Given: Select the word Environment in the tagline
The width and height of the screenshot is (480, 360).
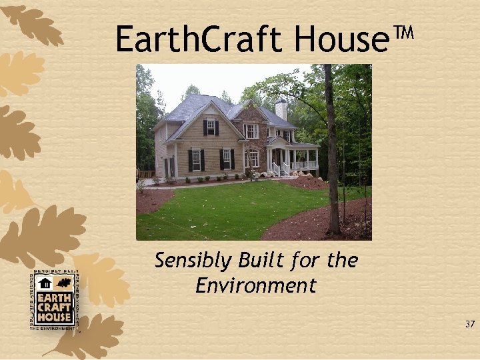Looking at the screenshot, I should [256, 286].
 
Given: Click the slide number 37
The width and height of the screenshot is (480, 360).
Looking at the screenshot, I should [470, 325].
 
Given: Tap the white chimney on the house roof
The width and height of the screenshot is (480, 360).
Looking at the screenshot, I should [281, 109].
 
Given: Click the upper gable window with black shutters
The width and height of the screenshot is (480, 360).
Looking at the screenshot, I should [210, 127].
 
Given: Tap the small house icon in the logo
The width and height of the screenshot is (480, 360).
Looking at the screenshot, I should [45, 283].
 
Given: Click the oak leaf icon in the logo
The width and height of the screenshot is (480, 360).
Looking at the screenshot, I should [63, 283].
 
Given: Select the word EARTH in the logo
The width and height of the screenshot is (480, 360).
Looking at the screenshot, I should [55, 297].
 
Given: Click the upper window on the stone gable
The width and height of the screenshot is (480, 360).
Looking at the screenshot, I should [251, 131].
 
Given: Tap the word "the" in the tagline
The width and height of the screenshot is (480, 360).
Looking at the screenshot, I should [343, 260].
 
